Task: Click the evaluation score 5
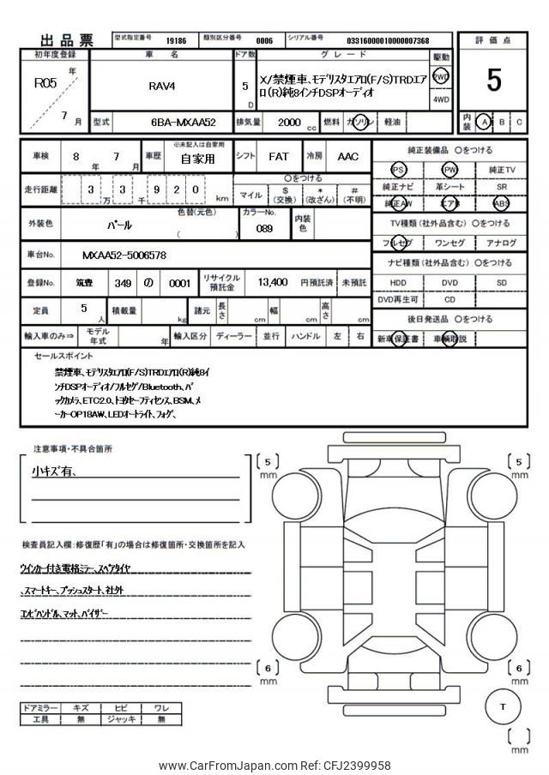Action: (493, 80)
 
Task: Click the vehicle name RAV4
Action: (163, 86)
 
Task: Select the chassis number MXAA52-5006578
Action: (124, 255)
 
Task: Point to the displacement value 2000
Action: (289, 123)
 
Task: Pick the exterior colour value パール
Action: (118, 225)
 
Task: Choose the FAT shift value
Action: (278, 157)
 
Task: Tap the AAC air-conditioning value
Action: (347, 157)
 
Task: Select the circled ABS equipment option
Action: (502, 204)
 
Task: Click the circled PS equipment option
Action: (397, 171)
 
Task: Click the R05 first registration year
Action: (45, 84)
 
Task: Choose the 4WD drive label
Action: (441, 99)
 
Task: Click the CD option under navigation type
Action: (450, 300)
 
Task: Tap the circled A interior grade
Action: (486, 122)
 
